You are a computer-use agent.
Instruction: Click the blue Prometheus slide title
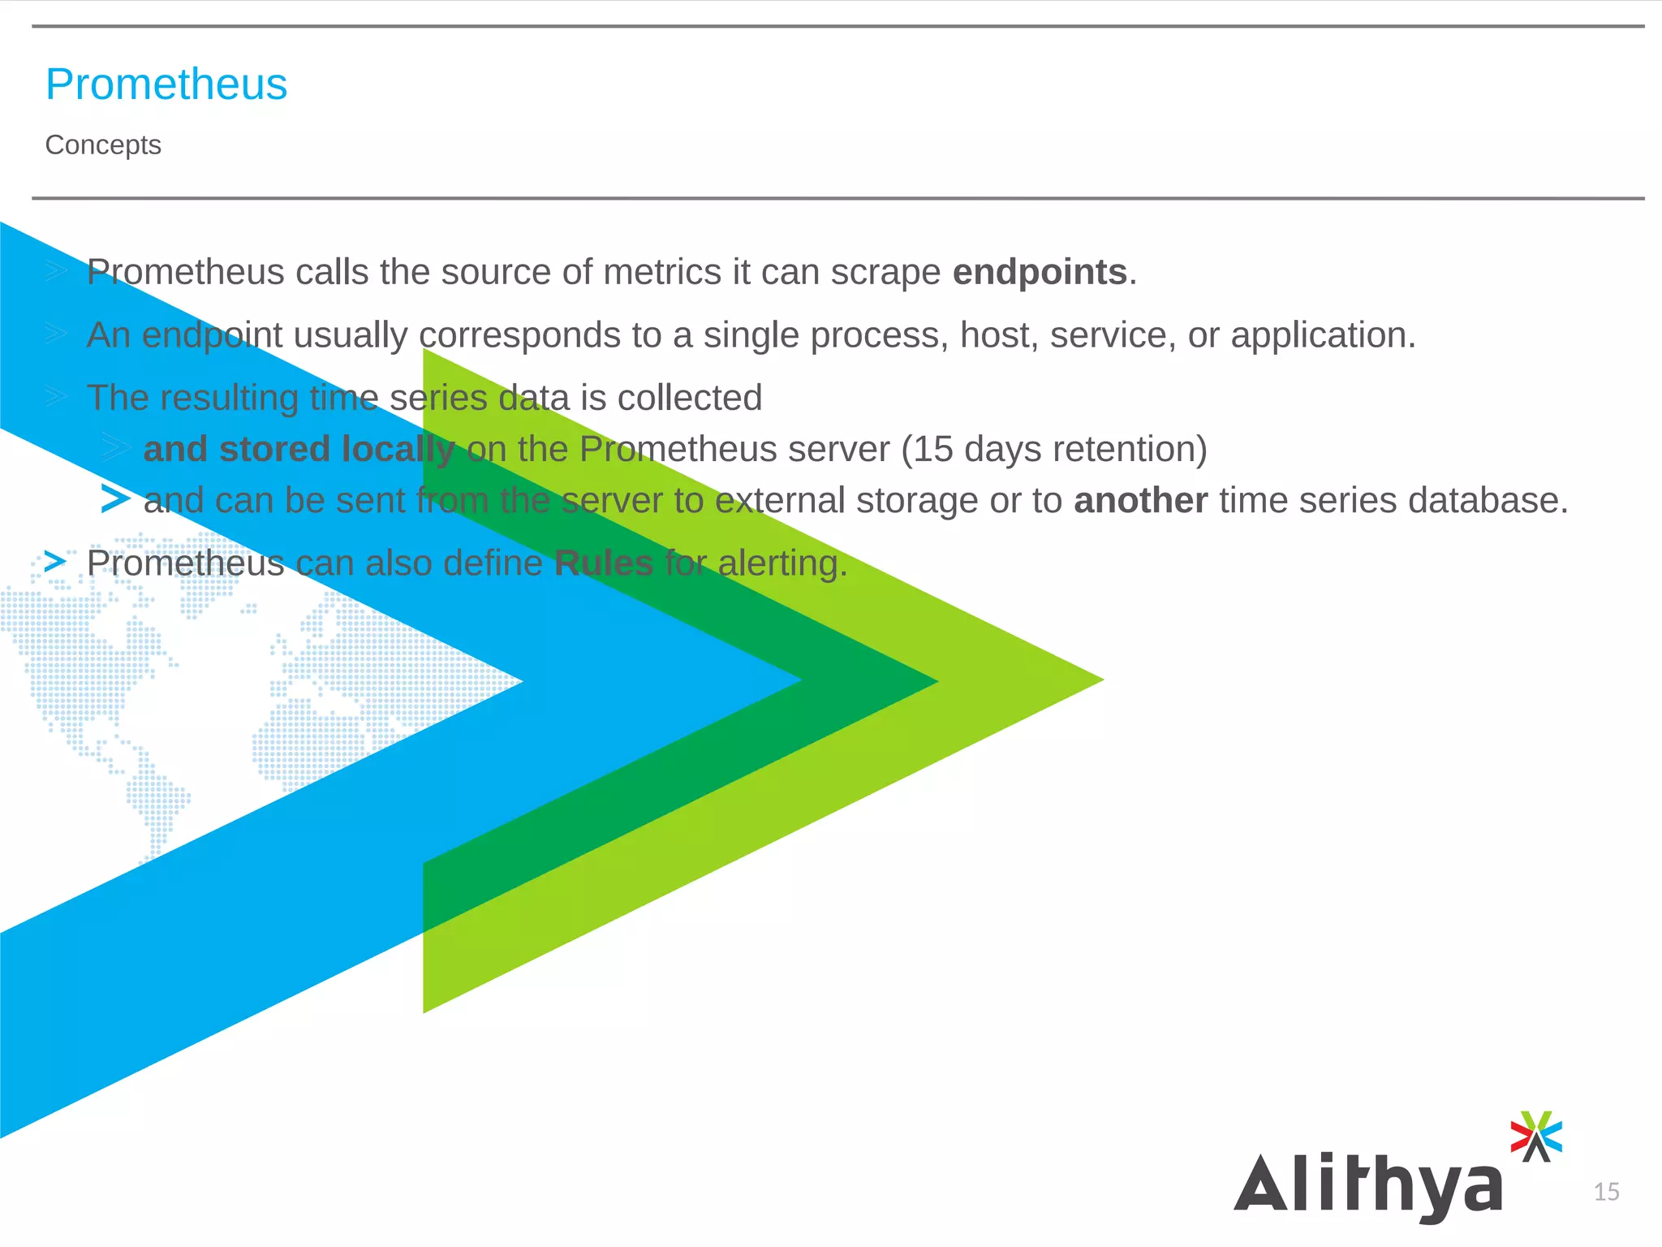166,84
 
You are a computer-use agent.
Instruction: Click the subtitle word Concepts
103,145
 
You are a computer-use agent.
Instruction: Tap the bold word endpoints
1040,272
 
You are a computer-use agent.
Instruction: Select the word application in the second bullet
1322,335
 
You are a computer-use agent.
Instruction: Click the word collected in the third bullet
689,398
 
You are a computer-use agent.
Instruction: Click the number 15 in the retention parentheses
932,449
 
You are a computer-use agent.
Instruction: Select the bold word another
1140,501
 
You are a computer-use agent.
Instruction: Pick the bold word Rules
603,563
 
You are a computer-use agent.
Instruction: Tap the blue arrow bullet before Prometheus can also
54,561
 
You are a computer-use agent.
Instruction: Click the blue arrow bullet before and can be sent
115,498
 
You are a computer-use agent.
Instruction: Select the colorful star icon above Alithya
1535,1136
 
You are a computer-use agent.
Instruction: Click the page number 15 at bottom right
1606,1192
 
